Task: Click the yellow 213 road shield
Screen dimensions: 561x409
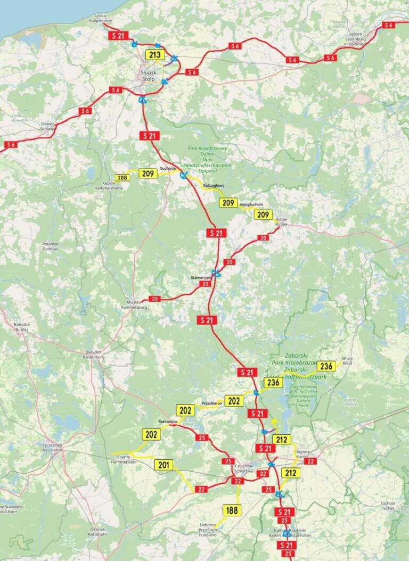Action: click(155, 55)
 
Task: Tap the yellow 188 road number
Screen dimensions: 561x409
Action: click(232, 510)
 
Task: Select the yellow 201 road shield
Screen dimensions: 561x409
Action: click(163, 465)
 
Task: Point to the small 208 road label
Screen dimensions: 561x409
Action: click(122, 177)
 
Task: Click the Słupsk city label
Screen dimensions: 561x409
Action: click(148, 71)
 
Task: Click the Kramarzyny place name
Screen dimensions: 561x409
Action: click(200, 278)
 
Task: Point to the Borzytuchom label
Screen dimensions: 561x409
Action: click(251, 205)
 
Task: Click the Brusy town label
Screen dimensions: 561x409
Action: click(347, 358)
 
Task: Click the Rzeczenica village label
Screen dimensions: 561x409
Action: click(167, 421)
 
